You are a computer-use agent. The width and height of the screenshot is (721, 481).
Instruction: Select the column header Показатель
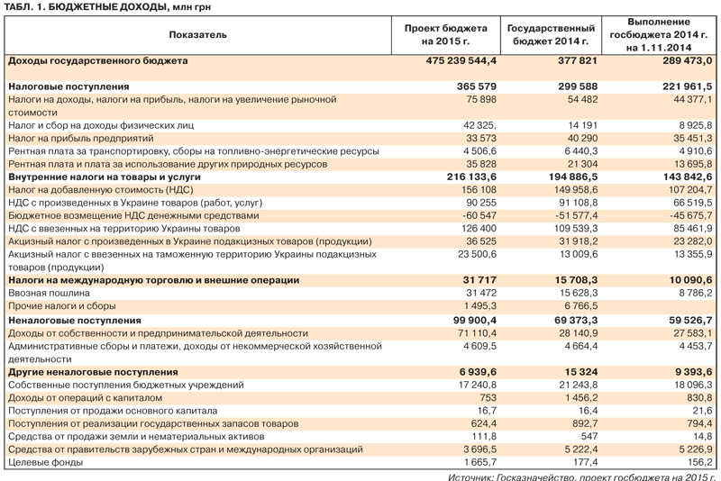[197, 35]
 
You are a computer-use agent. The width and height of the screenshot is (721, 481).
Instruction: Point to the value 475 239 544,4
[461, 60]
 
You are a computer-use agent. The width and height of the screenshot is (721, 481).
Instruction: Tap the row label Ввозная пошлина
[50, 294]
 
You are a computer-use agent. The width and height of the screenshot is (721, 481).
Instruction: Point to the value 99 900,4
[472, 320]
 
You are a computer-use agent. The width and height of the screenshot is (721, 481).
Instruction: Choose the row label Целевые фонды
[43, 462]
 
